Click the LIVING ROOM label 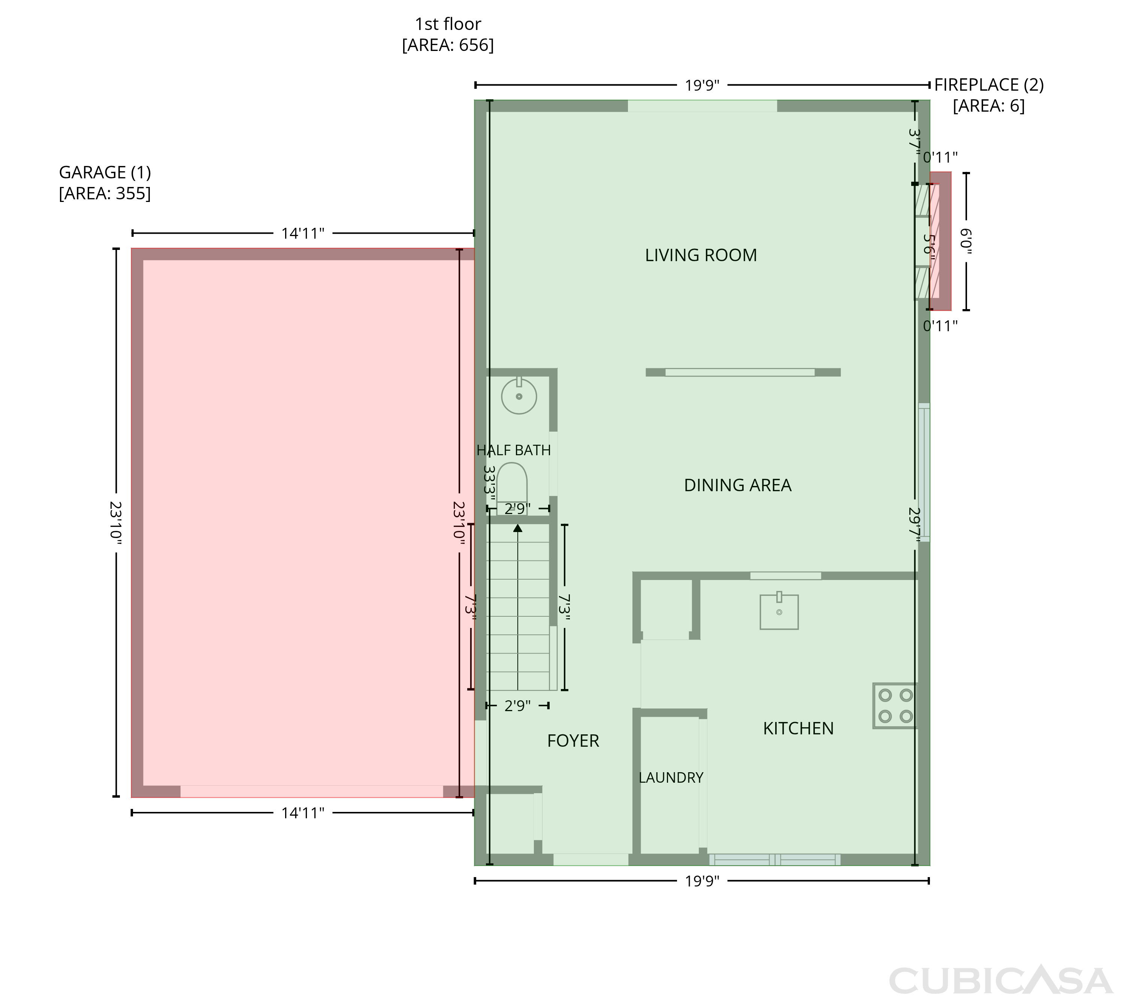[x=701, y=255]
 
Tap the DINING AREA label [x=738, y=485]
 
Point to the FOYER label [x=573, y=741]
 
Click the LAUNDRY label [x=671, y=777]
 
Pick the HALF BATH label [x=514, y=450]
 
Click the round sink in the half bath [x=519, y=396]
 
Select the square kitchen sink [x=779, y=611]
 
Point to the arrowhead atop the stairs [x=518, y=528]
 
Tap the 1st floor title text [x=448, y=24]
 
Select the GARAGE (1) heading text [x=105, y=172]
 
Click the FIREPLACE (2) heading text [x=989, y=85]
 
